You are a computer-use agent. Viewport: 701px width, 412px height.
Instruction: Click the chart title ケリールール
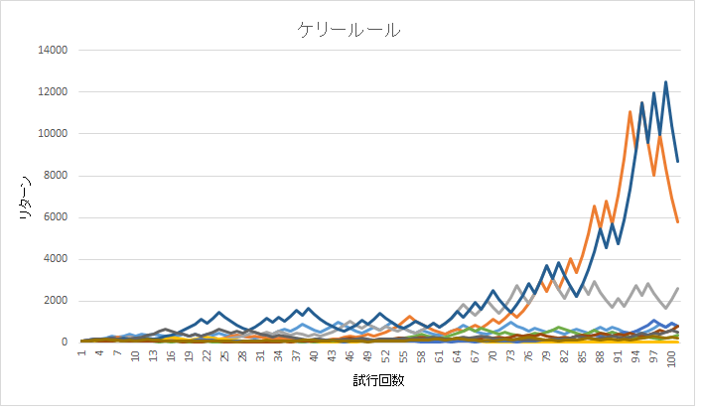coord(350,30)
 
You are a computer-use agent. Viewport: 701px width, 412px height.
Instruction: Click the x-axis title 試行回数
coord(377,381)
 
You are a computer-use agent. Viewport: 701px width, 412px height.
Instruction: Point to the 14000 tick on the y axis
coord(52,51)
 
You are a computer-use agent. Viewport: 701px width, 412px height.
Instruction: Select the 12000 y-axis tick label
coord(52,92)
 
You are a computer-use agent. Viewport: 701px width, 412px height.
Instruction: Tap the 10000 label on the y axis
coord(52,134)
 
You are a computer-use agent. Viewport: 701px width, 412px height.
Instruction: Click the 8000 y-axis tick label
coord(55,176)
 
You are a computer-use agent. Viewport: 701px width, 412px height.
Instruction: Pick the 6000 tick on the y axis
coord(55,217)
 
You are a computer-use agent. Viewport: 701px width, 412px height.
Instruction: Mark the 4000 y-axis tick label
coord(55,259)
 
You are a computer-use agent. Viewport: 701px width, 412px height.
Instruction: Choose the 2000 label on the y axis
coord(55,301)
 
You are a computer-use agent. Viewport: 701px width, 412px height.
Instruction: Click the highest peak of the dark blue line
coord(665,81)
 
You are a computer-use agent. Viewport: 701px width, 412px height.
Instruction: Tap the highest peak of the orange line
coord(630,111)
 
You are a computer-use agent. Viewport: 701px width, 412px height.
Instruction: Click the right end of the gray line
coord(677,288)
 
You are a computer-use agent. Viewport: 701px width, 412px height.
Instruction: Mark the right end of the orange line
coord(677,221)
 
